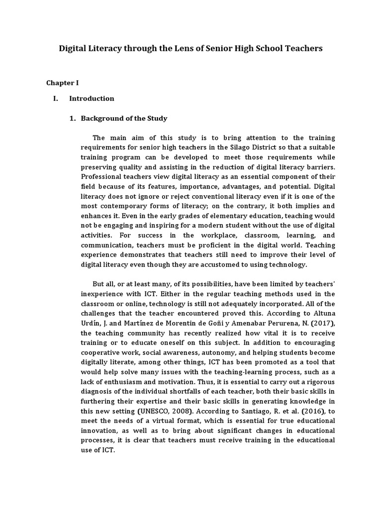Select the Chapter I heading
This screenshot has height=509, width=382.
tap(63, 82)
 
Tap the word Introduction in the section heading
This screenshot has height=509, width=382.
tap(92, 98)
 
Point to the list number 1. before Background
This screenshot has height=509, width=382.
tap(72, 118)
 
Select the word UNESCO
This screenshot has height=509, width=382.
tap(151, 411)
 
